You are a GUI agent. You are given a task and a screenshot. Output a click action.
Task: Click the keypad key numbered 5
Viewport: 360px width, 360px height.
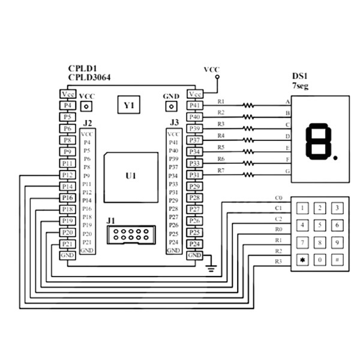point(321,226)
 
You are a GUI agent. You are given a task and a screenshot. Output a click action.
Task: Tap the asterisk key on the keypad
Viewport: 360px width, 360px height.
point(302,260)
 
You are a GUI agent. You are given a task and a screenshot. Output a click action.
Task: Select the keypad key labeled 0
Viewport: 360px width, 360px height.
point(321,260)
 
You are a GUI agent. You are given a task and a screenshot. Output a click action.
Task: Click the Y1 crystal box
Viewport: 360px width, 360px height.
point(128,106)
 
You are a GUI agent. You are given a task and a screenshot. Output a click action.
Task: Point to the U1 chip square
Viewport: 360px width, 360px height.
point(130,177)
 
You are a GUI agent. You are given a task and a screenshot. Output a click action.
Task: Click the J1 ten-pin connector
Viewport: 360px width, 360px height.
point(130,234)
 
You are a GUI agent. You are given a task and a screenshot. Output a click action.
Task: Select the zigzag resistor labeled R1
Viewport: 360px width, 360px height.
point(248,105)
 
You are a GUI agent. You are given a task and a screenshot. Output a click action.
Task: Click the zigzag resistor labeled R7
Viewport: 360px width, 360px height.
point(248,175)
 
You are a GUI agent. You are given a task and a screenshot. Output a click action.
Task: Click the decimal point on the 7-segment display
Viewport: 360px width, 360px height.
point(336,158)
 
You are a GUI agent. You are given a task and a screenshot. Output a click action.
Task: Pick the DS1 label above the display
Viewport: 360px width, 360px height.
point(299,76)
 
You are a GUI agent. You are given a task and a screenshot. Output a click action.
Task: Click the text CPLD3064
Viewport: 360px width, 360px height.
point(89,77)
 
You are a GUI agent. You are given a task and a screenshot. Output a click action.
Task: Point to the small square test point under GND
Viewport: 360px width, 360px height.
point(171,106)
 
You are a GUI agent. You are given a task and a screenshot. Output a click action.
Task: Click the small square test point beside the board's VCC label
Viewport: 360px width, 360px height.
point(87,106)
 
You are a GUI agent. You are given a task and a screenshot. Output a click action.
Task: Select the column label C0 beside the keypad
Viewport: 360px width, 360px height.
point(278,197)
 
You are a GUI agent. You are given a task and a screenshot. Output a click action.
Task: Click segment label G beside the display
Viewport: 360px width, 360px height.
point(287,172)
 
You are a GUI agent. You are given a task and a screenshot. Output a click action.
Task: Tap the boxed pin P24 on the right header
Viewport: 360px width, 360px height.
point(194,244)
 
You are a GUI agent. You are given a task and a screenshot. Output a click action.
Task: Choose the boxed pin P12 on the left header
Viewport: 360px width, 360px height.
point(67,175)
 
